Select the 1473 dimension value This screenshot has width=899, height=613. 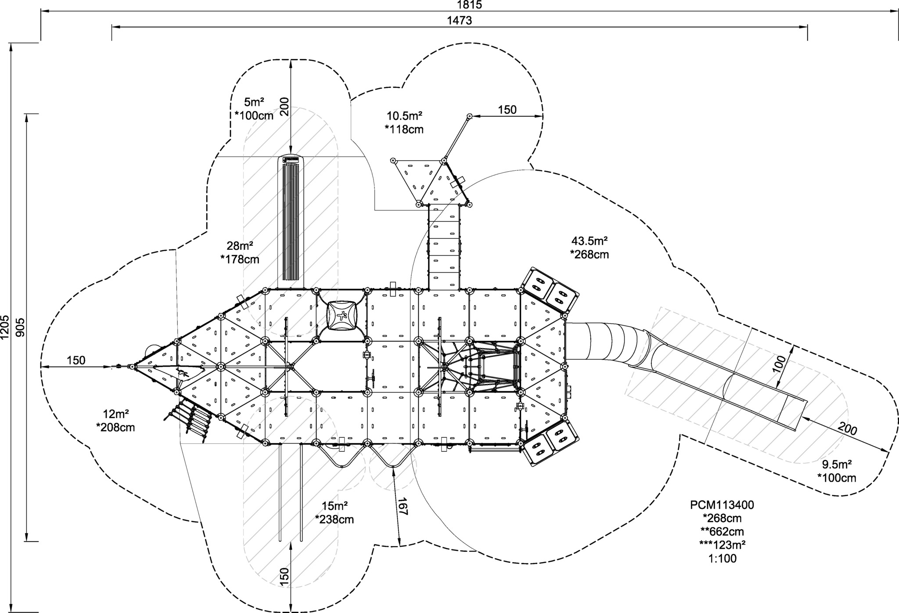[x=459, y=20]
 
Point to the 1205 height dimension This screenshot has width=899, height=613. [x=5, y=327]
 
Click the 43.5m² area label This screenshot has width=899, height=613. [x=590, y=241]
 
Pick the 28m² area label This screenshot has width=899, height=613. [x=240, y=245]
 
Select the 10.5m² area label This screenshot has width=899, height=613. [x=404, y=116]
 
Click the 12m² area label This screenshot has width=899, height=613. [x=115, y=414]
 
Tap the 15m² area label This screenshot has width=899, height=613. [x=334, y=505]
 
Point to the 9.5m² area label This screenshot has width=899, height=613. [x=837, y=464]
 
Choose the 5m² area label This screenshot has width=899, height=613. [x=254, y=102]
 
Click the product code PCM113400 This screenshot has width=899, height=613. [x=722, y=505]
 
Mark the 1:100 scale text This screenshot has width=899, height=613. [x=723, y=559]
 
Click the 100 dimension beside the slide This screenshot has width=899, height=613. [x=779, y=364]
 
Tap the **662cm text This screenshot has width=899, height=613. [x=723, y=532]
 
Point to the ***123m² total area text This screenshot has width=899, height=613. [x=723, y=545]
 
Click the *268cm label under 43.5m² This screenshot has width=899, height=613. [x=590, y=254]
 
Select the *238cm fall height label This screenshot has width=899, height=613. [x=334, y=519]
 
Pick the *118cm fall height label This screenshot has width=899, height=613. [x=404, y=129]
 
